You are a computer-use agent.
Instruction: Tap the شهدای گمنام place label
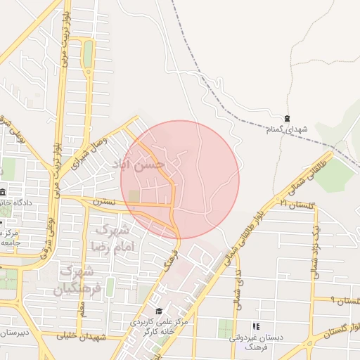(x=288, y=130)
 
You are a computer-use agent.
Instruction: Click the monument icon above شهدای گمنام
(x=286, y=118)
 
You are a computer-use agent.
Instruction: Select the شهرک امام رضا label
(x=110, y=238)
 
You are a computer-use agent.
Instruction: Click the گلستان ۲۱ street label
(x=295, y=204)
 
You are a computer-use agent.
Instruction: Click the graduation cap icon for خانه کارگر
(x=159, y=311)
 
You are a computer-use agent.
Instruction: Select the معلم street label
(x=82, y=307)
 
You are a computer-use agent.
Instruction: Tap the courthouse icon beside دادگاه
(x=3, y=193)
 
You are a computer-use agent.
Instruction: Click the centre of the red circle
(x=180, y=179)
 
